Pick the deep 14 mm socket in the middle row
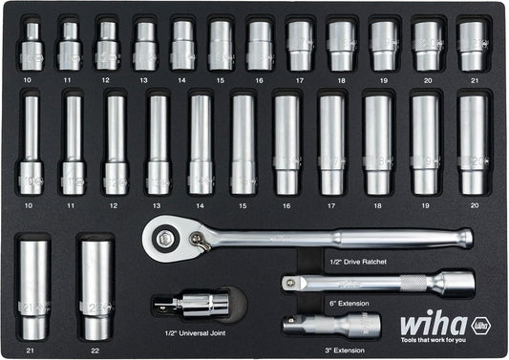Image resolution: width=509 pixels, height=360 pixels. tap(201, 143)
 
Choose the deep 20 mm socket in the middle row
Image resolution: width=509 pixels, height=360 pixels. tap(472, 143)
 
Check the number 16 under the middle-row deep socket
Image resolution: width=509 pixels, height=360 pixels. tap(286, 204)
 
